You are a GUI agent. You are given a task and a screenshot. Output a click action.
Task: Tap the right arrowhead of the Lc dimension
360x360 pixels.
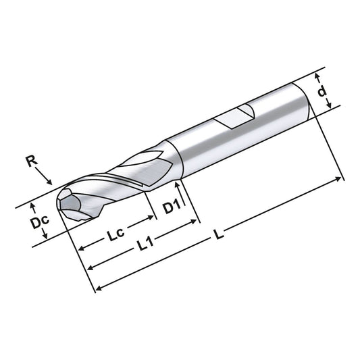click(x=152, y=219)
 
